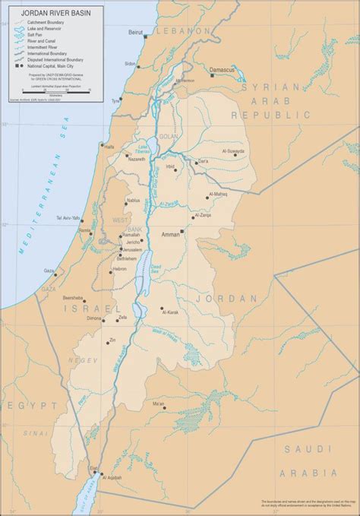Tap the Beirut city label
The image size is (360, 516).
point(137,33)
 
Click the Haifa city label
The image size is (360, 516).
point(109,147)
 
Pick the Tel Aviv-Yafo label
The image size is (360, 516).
point(68,219)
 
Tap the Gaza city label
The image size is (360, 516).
point(49,271)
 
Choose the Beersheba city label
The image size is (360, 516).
point(73,298)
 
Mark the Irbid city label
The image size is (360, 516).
point(170,165)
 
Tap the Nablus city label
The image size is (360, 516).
point(134,201)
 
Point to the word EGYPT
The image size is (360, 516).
point(21,406)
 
